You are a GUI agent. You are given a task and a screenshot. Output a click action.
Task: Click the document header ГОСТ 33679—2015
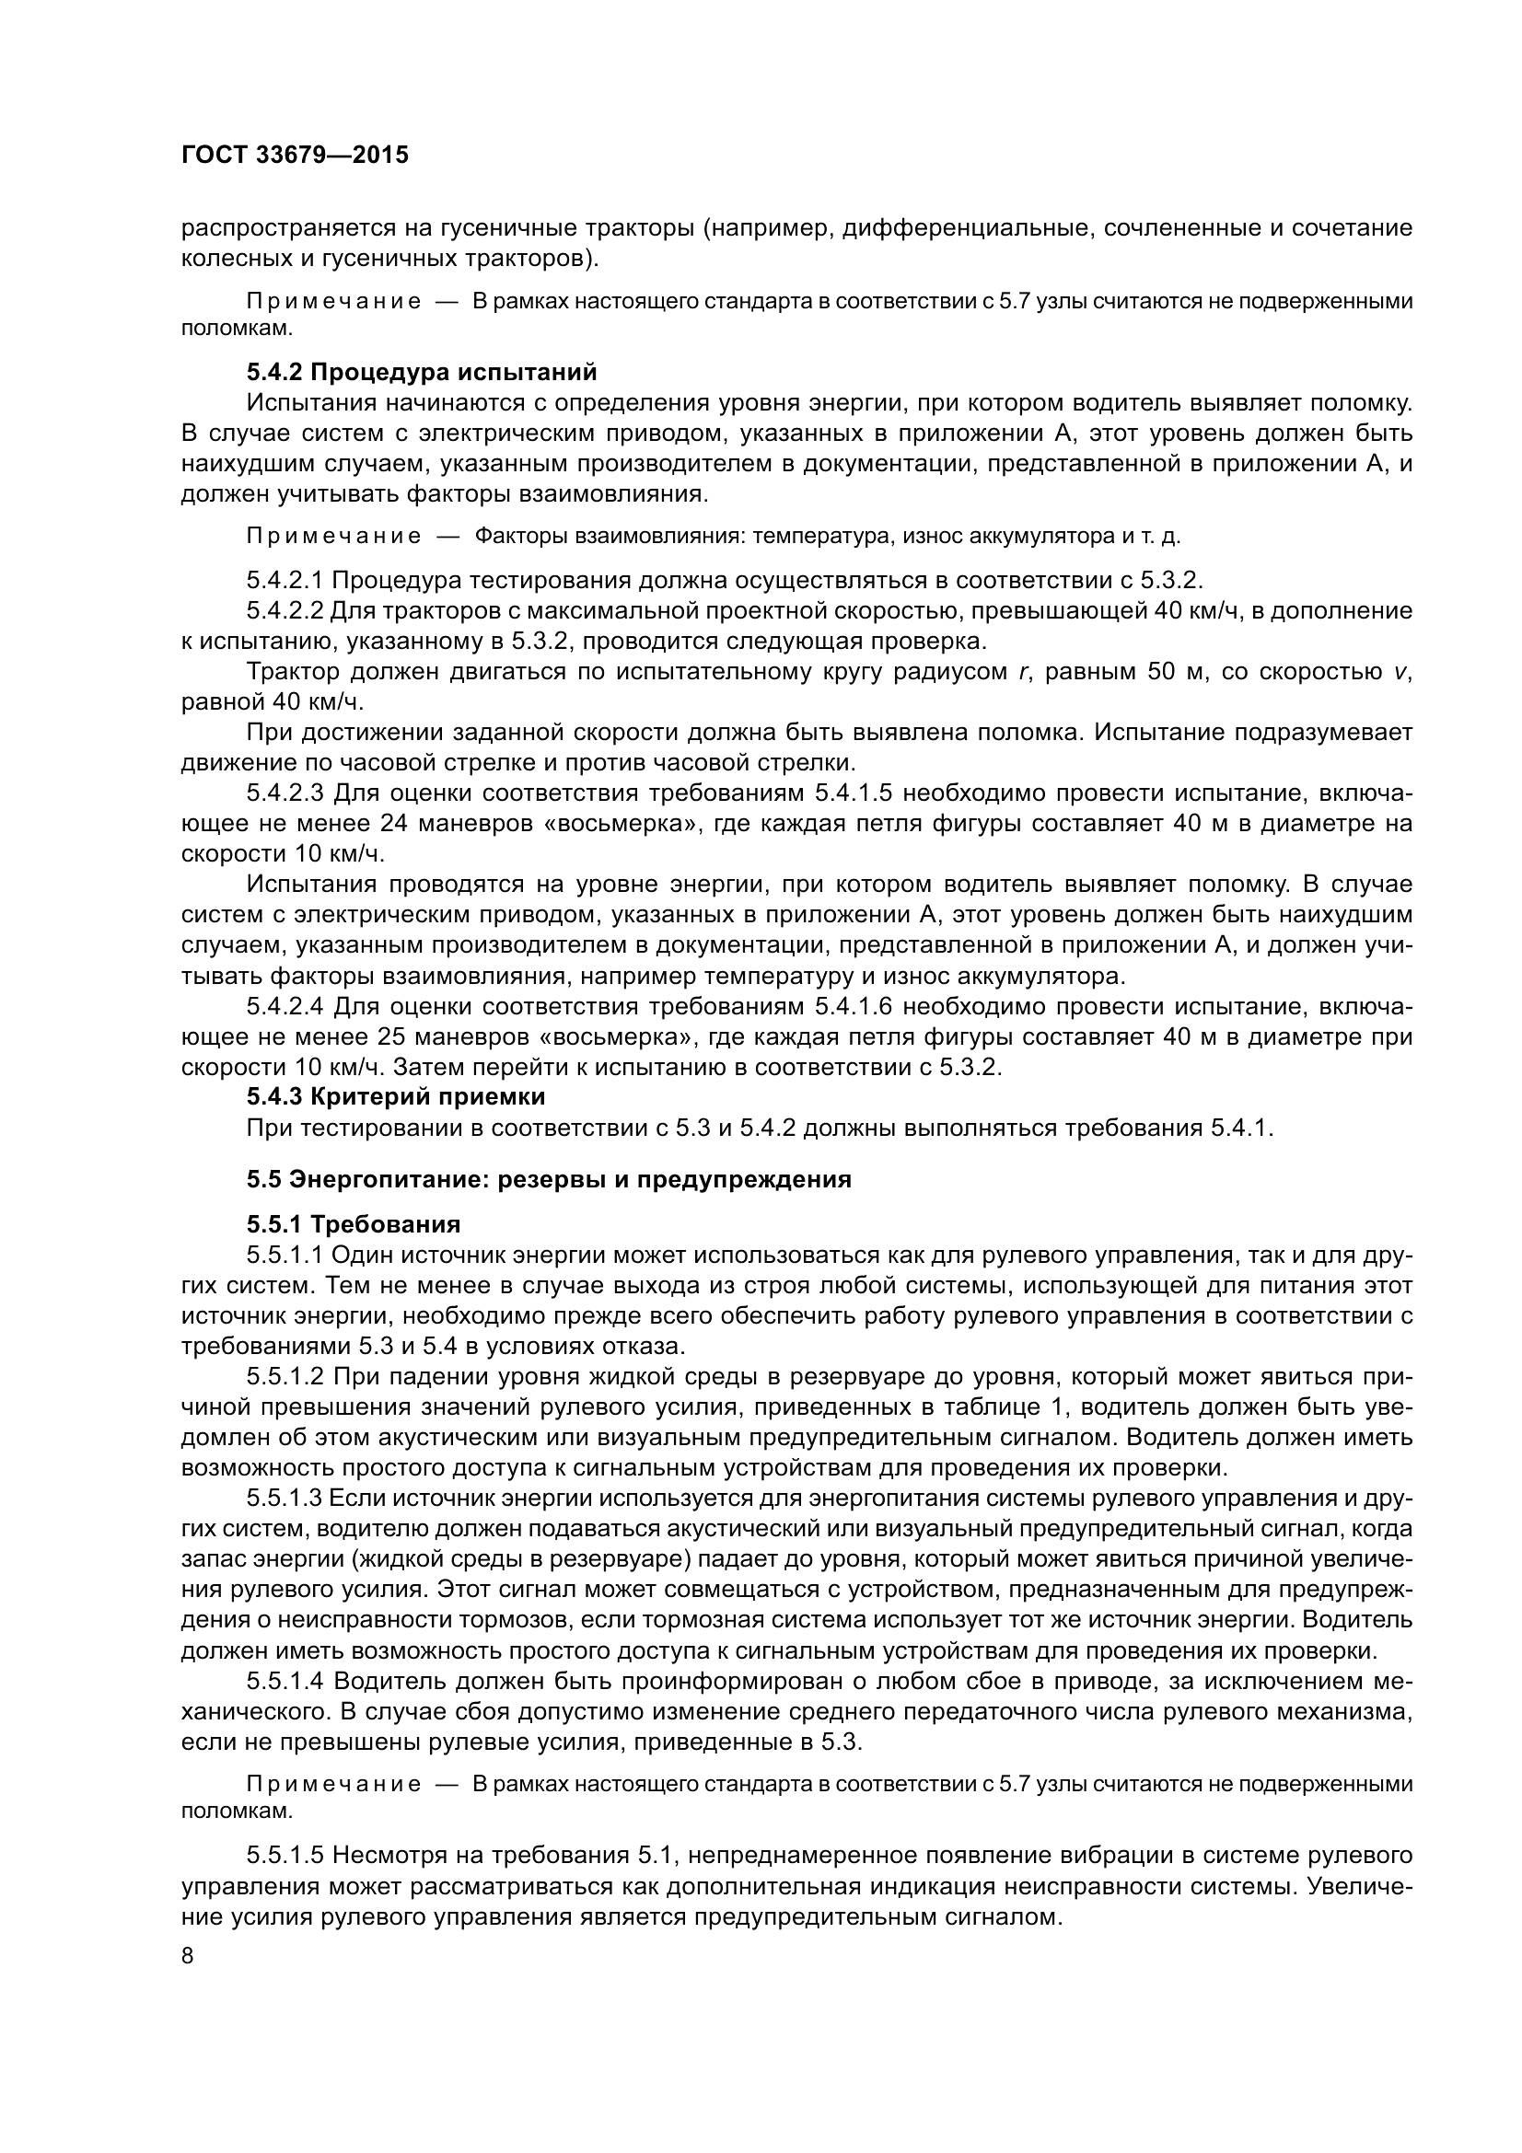[x=295, y=156]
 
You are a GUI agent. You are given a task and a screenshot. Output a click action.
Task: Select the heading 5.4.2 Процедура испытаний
[x=421, y=372]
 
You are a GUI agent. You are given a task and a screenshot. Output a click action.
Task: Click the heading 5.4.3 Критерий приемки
[x=396, y=1095]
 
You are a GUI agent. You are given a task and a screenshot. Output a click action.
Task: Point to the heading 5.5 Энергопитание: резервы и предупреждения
[x=549, y=1179]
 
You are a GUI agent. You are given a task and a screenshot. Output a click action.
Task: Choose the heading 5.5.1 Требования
[x=354, y=1224]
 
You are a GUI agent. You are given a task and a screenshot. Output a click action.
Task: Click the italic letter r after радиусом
[x=1020, y=671]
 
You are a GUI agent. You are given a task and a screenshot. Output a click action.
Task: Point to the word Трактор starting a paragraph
[x=293, y=671]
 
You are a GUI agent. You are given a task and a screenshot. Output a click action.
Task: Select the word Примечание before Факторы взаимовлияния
[x=333, y=537]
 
